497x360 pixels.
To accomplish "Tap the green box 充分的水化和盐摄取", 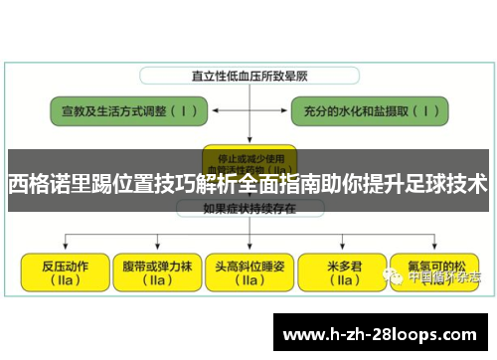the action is (374, 111).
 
